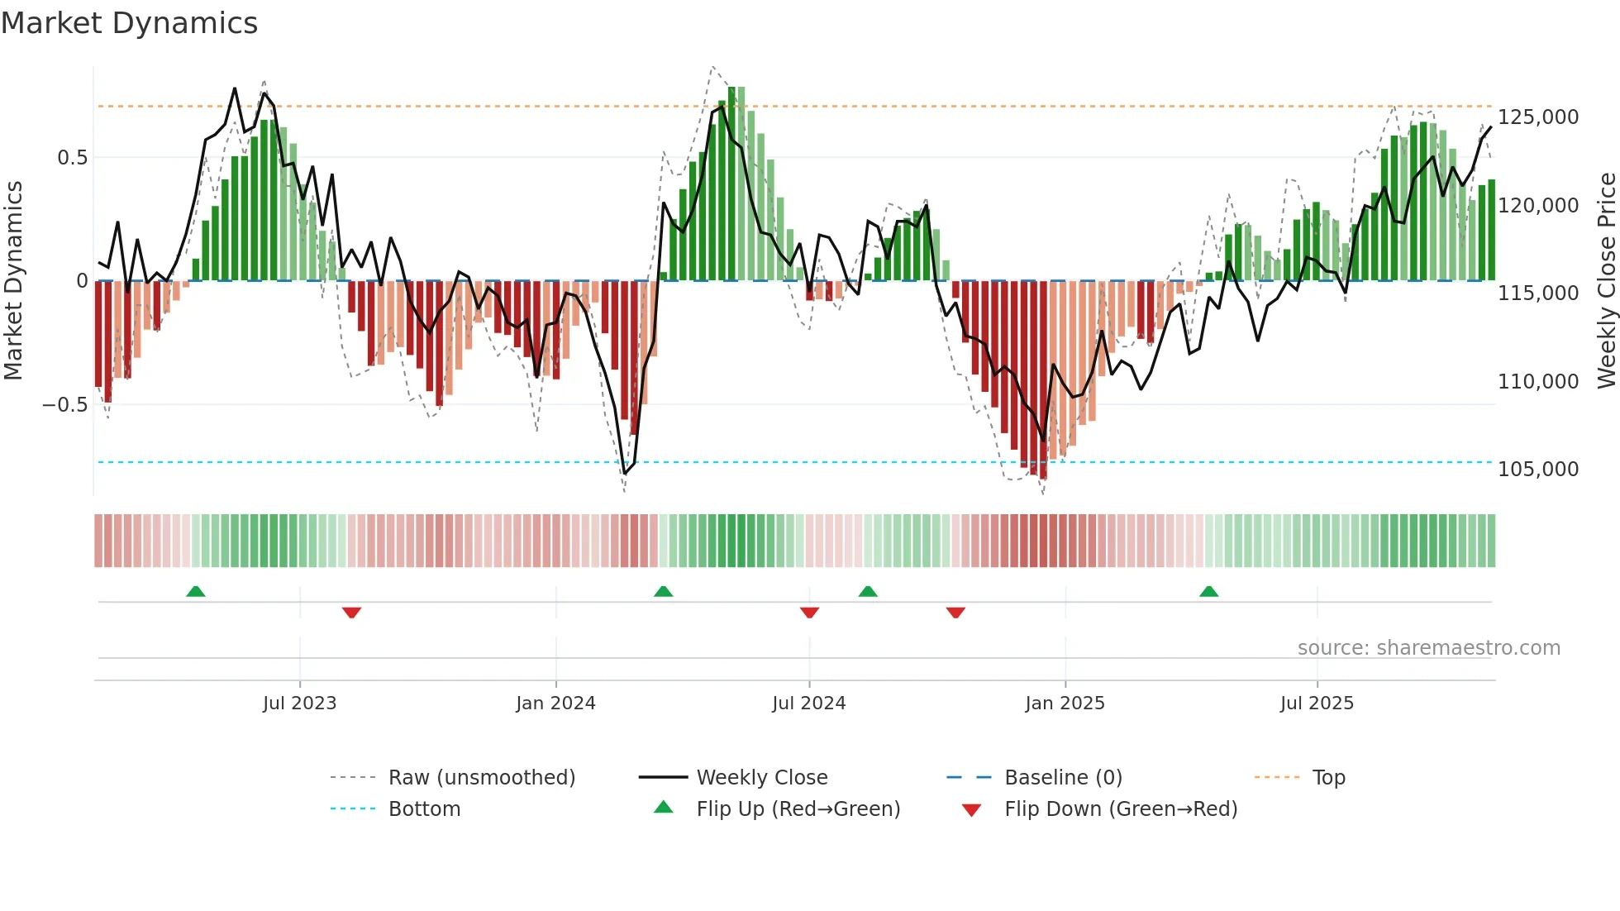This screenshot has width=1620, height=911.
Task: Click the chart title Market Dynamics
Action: pyautogui.click(x=129, y=23)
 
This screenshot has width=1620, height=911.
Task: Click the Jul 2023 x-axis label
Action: pyautogui.click(x=299, y=704)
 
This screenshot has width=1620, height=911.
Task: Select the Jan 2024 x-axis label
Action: pyautogui.click(x=555, y=704)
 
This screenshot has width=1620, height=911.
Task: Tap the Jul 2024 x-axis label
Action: pyautogui.click(x=808, y=704)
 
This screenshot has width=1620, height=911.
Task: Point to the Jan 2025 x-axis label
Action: pyautogui.click(x=1065, y=704)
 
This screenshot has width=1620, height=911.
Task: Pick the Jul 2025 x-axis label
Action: pyautogui.click(x=1317, y=704)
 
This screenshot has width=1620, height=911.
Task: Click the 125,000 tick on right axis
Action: pyautogui.click(x=1538, y=117)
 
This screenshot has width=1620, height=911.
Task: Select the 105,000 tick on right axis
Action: pyautogui.click(x=1538, y=470)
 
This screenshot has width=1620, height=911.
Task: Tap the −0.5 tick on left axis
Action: pyautogui.click(x=64, y=405)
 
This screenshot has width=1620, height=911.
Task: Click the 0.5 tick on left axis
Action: pyautogui.click(x=72, y=158)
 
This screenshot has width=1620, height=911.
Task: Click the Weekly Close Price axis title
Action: pyautogui.click(x=1606, y=281)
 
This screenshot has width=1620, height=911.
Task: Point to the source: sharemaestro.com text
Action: pyautogui.click(x=1428, y=648)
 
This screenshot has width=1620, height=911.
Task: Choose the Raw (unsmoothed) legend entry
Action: pyautogui.click(x=481, y=778)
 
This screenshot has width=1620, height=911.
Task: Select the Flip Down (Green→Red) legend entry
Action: pyautogui.click(x=1120, y=809)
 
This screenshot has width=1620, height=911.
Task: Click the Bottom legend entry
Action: pyautogui.click(x=424, y=809)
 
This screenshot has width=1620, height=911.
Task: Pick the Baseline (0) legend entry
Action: pyautogui.click(x=1063, y=778)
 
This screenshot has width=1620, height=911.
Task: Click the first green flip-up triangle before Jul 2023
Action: pyautogui.click(x=196, y=592)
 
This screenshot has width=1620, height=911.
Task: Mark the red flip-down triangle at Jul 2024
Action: pyautogui.click(x=809, y=613)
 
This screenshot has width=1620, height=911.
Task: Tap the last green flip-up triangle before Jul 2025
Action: pyautogui.click(x=1208, y=592)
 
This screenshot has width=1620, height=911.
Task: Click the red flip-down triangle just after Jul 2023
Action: pyautogui.click(x=351, y=613)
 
